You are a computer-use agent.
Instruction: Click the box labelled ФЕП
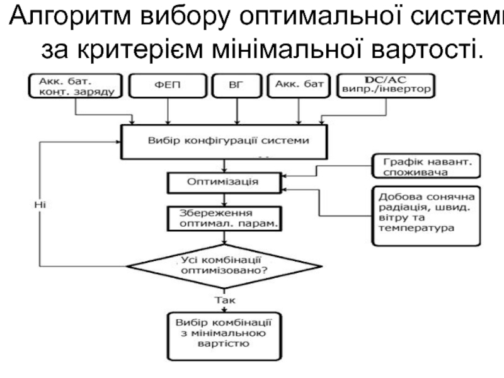coord(168,86)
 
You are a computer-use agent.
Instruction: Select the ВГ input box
coord(237,86)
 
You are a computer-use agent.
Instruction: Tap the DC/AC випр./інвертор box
coord(386,86)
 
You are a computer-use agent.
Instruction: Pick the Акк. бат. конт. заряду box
coord(76,86)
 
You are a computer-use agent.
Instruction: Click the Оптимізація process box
coord(224,182)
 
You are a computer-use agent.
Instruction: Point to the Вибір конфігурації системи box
coord(224,141)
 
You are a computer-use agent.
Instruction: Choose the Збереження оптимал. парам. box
coord(224,218)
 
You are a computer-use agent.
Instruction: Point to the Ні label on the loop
coord(40,204)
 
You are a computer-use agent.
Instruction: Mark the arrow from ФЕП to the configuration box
coord(168,111)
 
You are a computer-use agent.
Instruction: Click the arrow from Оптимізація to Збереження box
coord(224,199)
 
